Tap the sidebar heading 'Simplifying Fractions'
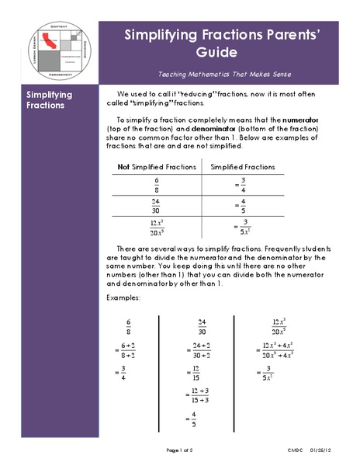click(x=50, y=100)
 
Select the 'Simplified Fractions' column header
click(x=243, y=167)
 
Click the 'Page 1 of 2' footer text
click(x=184, y=450)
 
